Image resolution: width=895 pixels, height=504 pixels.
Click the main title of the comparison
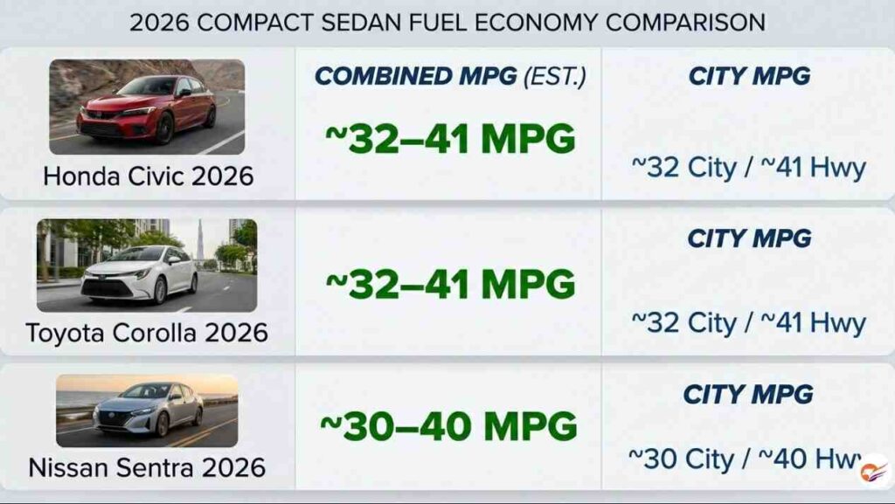pos(447,23)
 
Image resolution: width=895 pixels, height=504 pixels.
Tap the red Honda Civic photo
pos(147,107)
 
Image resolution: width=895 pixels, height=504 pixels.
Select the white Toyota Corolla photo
pos(147,266)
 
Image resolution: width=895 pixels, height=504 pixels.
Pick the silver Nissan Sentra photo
pos(147,411)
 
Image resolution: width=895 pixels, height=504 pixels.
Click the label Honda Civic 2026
pos(149,176)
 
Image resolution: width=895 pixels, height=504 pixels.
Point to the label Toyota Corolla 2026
pos(147,333)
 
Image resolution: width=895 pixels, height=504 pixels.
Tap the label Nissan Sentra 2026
pos(147,467)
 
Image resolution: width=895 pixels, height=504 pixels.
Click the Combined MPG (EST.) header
pos(450,76)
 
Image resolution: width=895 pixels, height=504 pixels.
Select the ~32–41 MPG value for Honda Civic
pos(450,139)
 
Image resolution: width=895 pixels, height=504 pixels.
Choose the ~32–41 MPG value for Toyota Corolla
pos(450,284)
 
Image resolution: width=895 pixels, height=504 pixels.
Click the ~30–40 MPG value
pos(448,426)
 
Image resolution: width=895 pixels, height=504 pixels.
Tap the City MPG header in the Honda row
pos(749,76)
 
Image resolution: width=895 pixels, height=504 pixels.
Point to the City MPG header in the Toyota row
pos(749,238)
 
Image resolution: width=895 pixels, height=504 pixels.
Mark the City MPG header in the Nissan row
pos(748,394)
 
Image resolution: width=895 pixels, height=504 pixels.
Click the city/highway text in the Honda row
pos(749,168)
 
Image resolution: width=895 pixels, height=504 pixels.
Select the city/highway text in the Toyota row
pos(749,322)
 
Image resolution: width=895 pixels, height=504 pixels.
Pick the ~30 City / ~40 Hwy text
pos(745,459)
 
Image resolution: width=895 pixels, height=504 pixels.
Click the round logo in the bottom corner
pos(874,471)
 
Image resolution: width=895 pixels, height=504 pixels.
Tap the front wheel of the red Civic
pos(164,128)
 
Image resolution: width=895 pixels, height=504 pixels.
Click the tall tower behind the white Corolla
pos(200,242)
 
